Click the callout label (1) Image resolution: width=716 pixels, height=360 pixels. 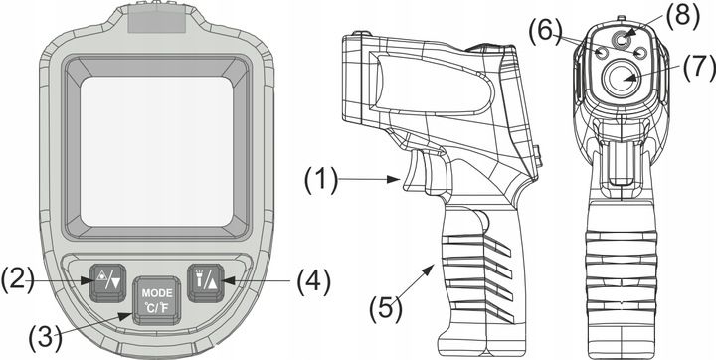click(322, 179)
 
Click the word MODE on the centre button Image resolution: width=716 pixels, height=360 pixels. click(156, 293)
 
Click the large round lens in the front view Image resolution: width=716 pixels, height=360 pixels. click(624, 79)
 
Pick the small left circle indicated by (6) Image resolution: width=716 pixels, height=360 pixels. click(602, 51)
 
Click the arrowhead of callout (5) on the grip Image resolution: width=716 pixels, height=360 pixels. click(434, 264)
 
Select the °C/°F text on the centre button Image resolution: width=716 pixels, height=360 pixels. click(156, 309)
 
